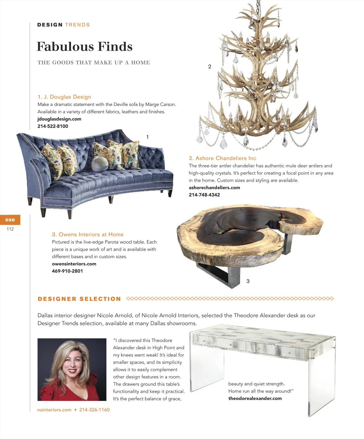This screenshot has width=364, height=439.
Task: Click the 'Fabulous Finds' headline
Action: (85, 47)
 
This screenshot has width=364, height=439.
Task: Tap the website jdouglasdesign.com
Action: (59, 119)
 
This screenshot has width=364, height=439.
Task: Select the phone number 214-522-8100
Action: (53, 126)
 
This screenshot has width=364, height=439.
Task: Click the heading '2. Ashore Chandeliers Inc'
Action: (222, 158)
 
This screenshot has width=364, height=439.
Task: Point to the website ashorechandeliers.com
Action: (214, 187)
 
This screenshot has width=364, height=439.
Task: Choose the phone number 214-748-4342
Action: (204, 195)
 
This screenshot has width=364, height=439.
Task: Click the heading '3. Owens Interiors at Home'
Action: (88, 234)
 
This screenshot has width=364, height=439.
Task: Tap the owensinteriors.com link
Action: (74, 264)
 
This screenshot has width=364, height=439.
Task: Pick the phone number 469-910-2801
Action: (67, 271)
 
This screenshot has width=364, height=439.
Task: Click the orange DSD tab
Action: (10, 220)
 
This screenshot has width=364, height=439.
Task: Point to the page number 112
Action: (10, 229)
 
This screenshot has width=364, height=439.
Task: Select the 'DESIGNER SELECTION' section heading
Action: (79, 299)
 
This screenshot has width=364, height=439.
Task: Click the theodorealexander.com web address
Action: (255, 398)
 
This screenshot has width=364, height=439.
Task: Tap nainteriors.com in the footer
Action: (54, 410)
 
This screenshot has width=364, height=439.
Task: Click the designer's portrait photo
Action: (72, 369)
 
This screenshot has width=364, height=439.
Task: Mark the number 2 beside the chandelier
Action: (210, 67)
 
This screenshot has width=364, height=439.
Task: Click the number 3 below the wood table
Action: (248, 281)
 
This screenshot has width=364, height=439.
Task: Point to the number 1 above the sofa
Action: (148, 137)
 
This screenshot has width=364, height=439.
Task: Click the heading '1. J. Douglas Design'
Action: (64, 97)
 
